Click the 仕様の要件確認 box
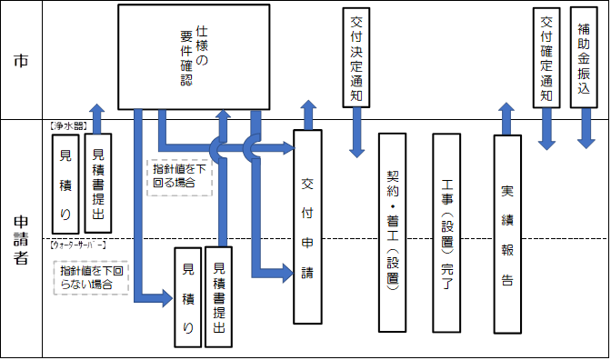click(x=195, y=56)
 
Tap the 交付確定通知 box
click(x=546, y=58)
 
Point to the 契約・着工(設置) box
click(x=392, y=232)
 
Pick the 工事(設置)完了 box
click(x=446, y=232)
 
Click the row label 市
click(x=21, y=62)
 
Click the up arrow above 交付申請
click(x=307, y=114)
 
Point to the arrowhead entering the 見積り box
click(x=165, y=293)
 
